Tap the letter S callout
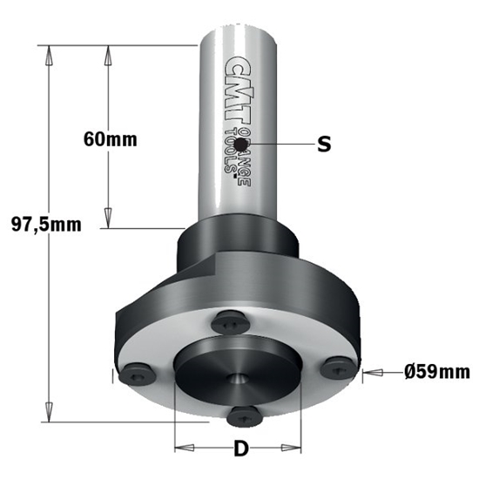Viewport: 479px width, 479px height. pyautogui.click(x=324, y=145)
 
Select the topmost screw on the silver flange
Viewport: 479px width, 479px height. pyautogui.click(x=232, y=322)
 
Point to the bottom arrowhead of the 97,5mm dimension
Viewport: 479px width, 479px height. pyautogui.click(x=49, y=415)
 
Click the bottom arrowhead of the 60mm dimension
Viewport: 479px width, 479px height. pyautogui.click(x=108, y=221)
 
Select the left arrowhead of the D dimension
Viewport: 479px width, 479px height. pyautogui.click(x=180, y=449)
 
